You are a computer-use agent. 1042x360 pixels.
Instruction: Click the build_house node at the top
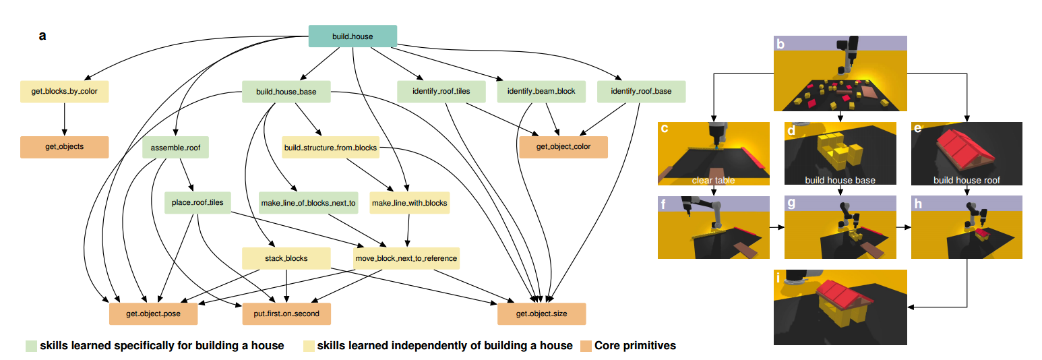353,36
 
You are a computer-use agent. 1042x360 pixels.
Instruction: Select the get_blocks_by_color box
64,91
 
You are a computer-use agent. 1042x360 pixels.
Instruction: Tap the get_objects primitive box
64,146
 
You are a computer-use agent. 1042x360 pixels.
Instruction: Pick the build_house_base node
286,91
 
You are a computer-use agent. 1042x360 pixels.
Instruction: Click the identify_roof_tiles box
441,91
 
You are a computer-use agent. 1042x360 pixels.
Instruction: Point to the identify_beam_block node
541,91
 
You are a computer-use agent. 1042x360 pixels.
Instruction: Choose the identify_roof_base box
641,91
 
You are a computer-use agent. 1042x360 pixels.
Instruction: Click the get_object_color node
563,147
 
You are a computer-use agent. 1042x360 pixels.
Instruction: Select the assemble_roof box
175,147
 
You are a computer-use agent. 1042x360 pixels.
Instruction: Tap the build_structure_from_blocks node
330,147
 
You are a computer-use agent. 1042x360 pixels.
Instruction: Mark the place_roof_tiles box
197,202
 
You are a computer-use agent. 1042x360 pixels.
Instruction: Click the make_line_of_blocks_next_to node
307,202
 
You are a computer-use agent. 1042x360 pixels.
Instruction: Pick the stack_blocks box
286,258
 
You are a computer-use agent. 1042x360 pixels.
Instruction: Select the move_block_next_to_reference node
406,258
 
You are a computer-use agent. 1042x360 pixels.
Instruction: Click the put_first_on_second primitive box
286,313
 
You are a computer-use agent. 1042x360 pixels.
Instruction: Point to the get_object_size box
541,313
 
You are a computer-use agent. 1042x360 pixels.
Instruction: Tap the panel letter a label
42,36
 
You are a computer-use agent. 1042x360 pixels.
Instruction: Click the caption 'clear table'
712,180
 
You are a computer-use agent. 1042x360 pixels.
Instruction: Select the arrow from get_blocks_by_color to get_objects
64,119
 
